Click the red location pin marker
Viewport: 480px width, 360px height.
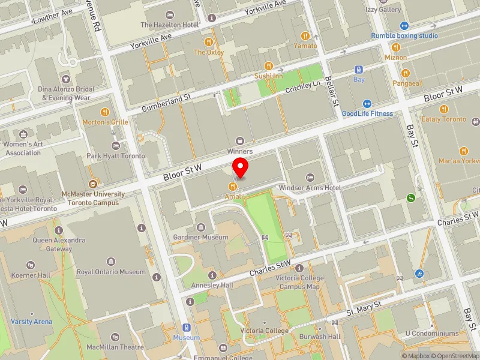241,169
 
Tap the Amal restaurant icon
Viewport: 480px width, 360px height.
232,187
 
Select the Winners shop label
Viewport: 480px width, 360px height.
240,151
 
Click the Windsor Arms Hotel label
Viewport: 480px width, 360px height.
310,188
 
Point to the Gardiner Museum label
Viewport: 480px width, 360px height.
200,237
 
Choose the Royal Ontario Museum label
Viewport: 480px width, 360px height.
112,272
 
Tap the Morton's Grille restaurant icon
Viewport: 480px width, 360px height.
105,112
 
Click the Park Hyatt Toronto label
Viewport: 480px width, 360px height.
116,156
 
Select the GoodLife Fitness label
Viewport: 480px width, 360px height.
367,113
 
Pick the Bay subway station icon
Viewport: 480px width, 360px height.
359,70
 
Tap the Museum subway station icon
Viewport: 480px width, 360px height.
187,328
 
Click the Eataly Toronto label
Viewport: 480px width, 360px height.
444,119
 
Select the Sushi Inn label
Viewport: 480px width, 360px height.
269,76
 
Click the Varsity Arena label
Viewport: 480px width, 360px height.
31,322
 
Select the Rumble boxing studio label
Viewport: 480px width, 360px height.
404,35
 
